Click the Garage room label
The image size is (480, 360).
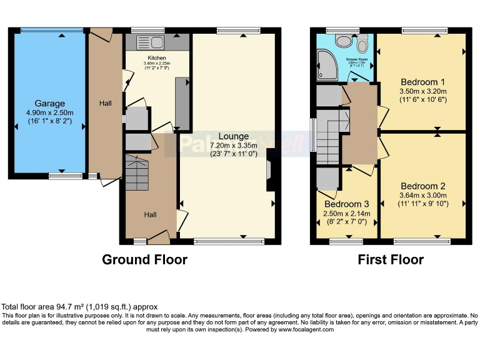click(49, 104)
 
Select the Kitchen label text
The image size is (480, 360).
click(156, 57)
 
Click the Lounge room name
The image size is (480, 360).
click(233, 136)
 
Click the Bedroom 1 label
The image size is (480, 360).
click(422, 82)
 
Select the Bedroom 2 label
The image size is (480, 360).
click(422, 186)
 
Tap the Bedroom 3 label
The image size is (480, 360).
click(346, 204)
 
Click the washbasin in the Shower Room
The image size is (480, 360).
click(343, 40)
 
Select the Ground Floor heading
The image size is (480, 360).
click(144, 259)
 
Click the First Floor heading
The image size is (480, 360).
click(391, 259)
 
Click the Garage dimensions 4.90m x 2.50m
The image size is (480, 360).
click(49, 113)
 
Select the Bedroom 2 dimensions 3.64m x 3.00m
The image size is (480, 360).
click(422, 195)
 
